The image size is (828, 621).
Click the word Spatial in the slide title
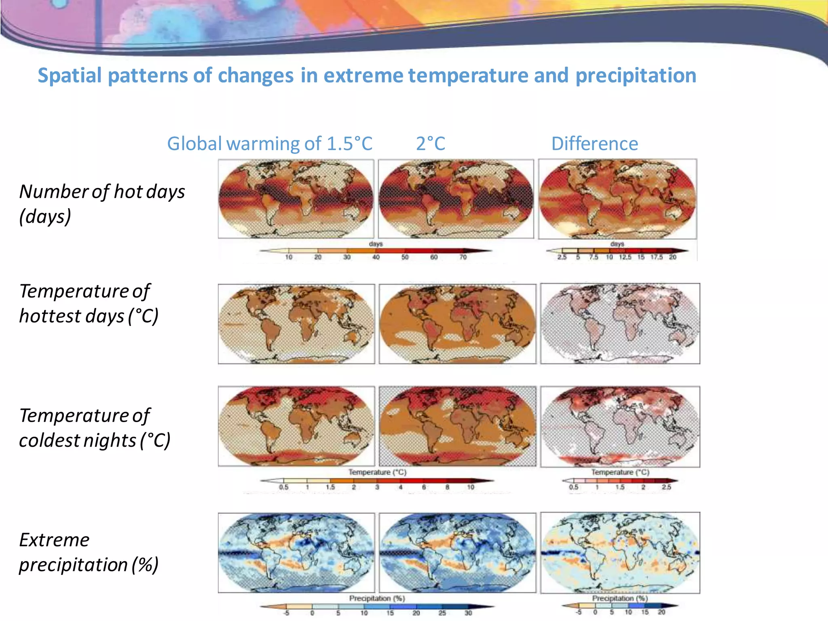coord(70,76)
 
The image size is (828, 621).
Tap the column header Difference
coord(594,144)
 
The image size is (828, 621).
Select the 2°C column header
coord(431,144)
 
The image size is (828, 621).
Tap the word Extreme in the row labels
coord(54,540)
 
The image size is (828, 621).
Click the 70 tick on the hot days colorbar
coord(463,257)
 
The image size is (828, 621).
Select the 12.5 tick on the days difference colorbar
coord(625,258)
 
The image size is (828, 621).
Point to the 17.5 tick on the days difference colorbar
coord(657,258)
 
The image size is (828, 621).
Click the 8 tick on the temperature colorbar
coord(447,487)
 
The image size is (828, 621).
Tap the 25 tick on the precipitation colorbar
coord(442,613)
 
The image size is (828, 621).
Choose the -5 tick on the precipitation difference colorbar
coord(579,612)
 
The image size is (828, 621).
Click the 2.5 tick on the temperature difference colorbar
coord(666,487)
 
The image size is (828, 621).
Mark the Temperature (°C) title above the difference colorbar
coord(620,472)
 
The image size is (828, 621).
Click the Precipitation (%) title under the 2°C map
coord(377,598)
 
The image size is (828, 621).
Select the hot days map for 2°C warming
coord(456,199)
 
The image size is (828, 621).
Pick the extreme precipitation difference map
coord(620,553)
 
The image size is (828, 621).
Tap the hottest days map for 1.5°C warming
coord(296,323)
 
